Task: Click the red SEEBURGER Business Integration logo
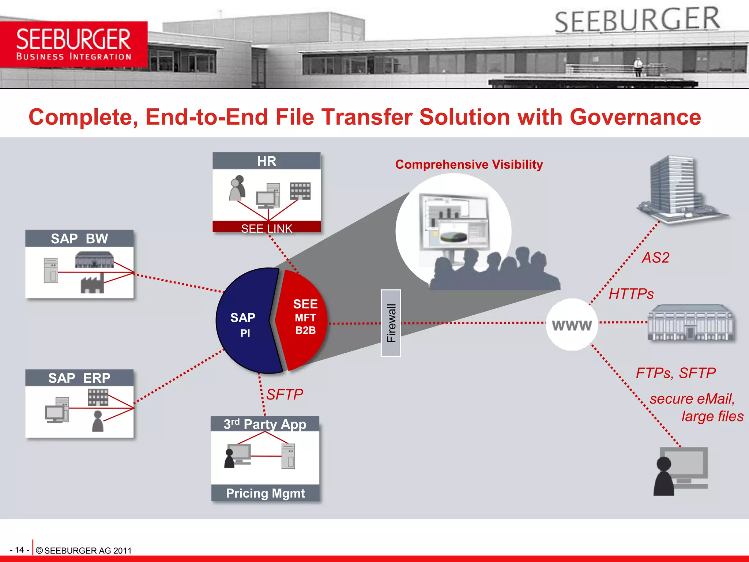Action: point(74,44)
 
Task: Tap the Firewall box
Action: point(391,323)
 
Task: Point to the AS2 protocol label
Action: point(655,258)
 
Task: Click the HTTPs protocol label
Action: point(631,294)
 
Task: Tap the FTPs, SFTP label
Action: point(675,373)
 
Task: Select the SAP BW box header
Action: point(79,239)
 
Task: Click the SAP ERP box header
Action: point(79,378)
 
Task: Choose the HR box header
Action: point(266,161)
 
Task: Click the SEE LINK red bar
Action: point(266,228)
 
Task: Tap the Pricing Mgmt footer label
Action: point(265,493)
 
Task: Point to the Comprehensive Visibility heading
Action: point(469,165)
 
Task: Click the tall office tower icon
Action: point(677,188)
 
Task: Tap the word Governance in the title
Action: point(635,117)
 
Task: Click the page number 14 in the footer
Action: point(19,550)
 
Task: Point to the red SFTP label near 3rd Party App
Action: point(285,394)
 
